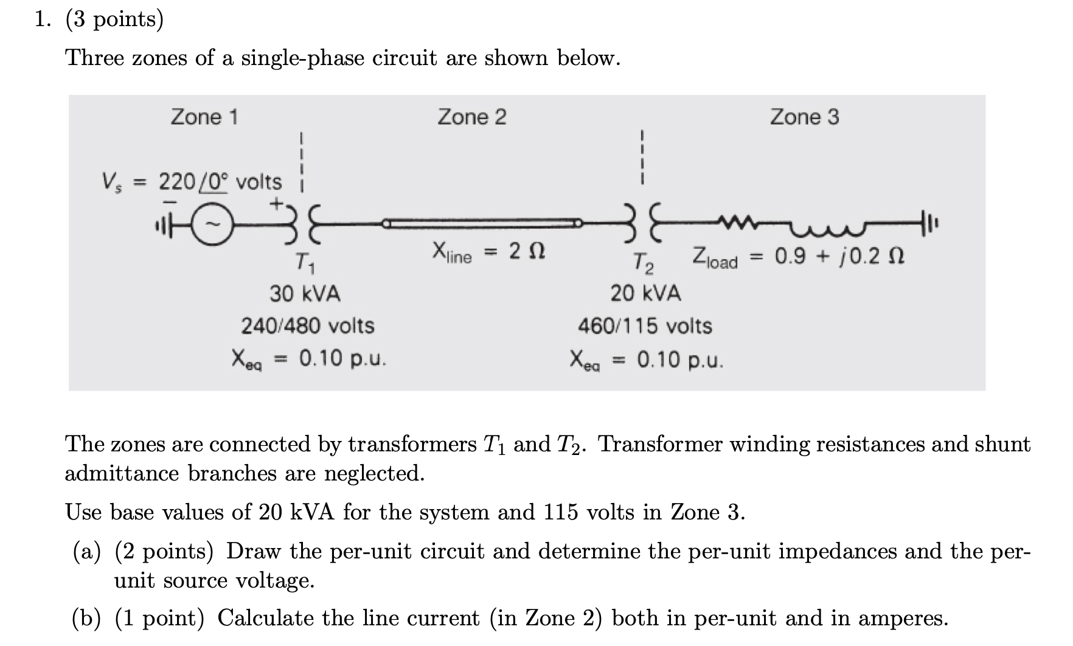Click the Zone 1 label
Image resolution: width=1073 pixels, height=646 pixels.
pos(204,116)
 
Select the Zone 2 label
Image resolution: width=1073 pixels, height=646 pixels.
pos(472,116)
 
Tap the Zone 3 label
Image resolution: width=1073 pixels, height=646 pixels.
pos(804,116)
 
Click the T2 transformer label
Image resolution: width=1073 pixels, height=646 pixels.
pos(644,263)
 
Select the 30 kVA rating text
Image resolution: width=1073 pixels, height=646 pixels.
pos(305,294)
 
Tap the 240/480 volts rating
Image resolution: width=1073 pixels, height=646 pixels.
pos(308,326)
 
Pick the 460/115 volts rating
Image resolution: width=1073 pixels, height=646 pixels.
pos(645,326)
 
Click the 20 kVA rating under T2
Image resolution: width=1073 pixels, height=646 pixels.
pos(646,294)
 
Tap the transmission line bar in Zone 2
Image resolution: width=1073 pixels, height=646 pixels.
pos(483,224)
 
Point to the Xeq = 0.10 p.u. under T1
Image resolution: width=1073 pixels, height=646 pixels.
pos(309,359)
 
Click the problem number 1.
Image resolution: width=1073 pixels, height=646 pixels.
pos(43,20)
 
